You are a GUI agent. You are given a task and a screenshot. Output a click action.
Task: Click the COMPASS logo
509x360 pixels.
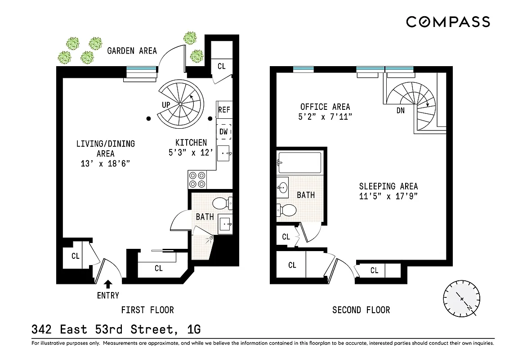(x=448, y=22)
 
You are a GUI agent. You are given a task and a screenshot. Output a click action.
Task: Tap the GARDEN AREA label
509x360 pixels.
(x=132, y=50)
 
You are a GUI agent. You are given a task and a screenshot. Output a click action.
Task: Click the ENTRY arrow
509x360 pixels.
(x=108, y=284)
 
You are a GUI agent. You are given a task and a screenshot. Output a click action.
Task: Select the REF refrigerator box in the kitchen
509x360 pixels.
(x=224, y=110)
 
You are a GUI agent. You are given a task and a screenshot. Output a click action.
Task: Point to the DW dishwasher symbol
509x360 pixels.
(x=224, y=131)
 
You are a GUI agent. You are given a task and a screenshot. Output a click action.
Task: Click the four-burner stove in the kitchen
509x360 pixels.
(x=197, y=180)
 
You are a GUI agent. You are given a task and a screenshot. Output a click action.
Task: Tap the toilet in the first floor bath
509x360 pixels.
(x=221, y=203)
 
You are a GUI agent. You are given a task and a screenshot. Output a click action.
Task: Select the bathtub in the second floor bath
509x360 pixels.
(x=300, y=163)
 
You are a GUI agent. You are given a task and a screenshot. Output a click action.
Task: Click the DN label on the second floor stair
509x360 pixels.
(x=401, y=110)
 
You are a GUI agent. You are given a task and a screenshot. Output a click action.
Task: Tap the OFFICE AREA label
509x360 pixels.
(x=325, y=107)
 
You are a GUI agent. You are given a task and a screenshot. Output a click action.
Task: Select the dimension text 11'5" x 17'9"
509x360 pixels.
(x=388, y=196)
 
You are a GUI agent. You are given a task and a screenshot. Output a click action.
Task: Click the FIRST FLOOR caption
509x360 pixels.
(x=147, y=310)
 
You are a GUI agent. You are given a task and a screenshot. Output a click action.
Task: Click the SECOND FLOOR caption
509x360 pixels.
(x=361, y=310)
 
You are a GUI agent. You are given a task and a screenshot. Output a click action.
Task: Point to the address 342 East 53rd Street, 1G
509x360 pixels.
(x=116, y=330)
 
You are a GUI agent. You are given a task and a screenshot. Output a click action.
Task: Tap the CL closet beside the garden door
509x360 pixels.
(x=221, y=66)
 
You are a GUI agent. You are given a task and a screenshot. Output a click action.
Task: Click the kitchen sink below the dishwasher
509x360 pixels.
(x=224, y=153)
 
